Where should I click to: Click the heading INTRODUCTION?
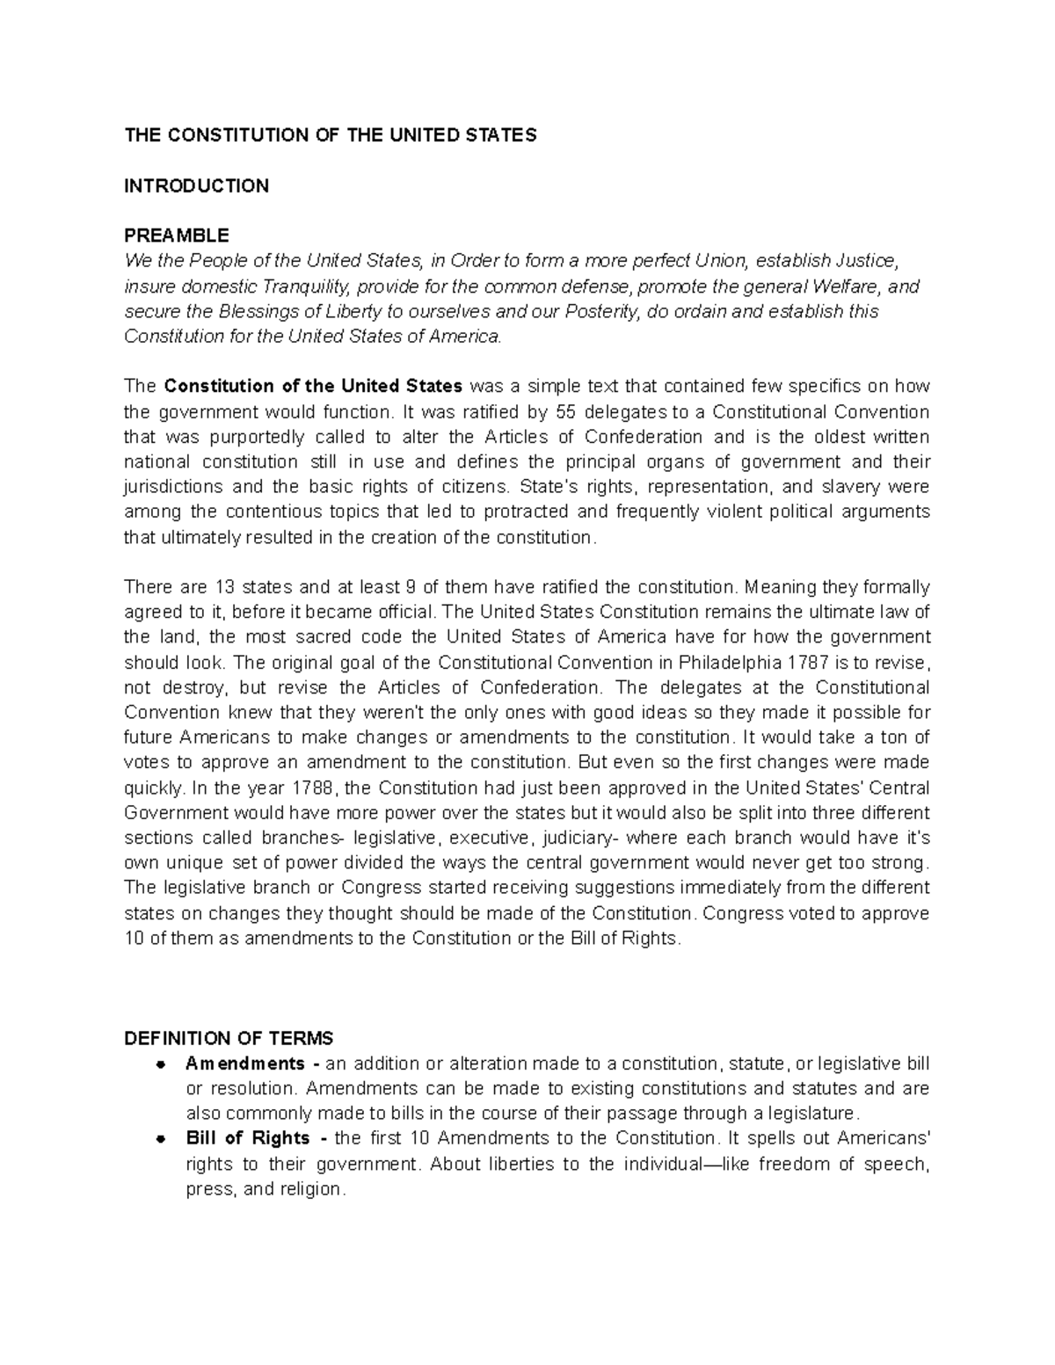pos(196,185)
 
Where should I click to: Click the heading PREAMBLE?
pos(176,236)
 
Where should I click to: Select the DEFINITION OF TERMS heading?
pos(229,1038)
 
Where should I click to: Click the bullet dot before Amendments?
pos(161,1064)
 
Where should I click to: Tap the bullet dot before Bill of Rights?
pos(161,1138)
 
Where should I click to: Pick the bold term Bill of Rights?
pos(249,1138)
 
